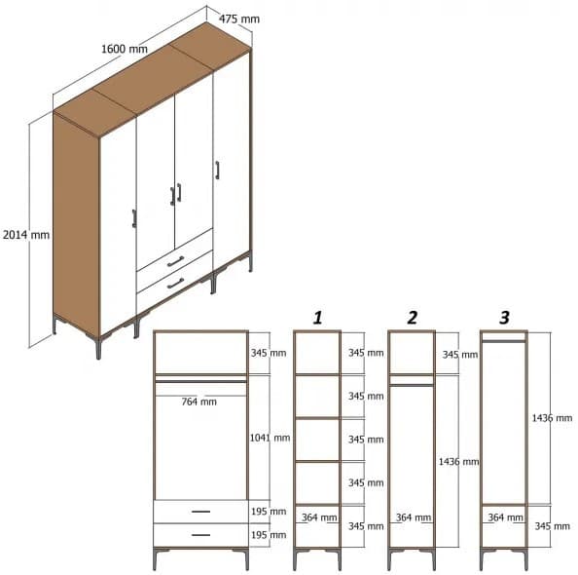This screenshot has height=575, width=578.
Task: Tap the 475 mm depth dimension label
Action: coord(238,19)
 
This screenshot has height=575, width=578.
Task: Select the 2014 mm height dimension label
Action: coord(25,235)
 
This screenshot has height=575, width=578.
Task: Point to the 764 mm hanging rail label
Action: coord(199,402)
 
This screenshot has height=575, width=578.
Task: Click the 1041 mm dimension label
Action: coord(269,438)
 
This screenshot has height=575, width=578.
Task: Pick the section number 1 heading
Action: coord(317,318)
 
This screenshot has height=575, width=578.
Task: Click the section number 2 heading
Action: coord(412,318)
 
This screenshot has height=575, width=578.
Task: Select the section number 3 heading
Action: coord(503,318)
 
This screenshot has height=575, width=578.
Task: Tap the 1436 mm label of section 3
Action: coord(551,418)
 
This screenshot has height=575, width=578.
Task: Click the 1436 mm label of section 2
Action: coord(457,461)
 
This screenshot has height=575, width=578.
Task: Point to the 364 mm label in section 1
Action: coord(319,518)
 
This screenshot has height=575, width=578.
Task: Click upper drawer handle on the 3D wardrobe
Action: coord(175,261)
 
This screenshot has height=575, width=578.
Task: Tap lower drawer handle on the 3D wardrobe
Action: coord(175,284)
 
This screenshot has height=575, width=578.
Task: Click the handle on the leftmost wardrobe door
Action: coord(133,218)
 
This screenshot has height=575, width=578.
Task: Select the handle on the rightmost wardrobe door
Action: coord(218,171)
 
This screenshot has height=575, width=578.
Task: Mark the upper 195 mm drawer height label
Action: coord(269,512)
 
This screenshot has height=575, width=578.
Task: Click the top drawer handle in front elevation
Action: coord(200,512)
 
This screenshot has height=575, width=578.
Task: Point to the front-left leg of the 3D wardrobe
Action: coord(98,348)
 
